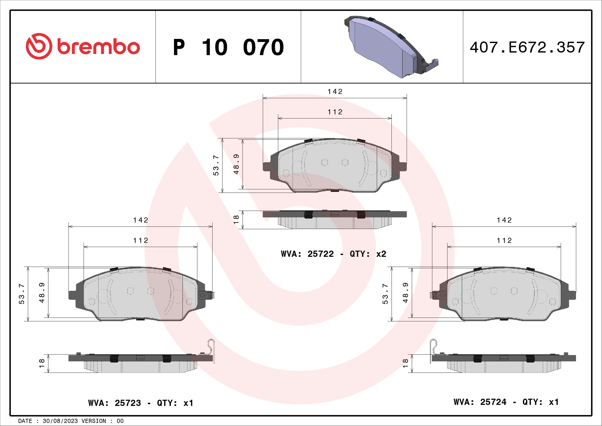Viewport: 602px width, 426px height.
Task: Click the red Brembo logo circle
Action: (39, 46)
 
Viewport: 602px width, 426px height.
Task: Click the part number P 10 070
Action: (228, 47)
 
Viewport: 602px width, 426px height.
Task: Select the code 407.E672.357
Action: (527, 47)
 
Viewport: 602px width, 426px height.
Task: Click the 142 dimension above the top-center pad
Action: (335, 91)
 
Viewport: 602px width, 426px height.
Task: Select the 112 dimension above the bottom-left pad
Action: (141, 240)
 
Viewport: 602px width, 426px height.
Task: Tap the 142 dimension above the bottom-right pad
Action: (504, 220)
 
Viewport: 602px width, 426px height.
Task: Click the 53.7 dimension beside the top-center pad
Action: (216, 165)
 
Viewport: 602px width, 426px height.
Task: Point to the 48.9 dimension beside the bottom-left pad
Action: (42, 293)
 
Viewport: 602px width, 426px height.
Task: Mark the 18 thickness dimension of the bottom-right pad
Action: (405, 363)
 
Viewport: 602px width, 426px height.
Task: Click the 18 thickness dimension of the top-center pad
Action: (236, 219)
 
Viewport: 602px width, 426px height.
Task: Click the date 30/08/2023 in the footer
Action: (60, 421)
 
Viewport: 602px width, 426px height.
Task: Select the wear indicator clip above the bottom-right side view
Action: (433, 347)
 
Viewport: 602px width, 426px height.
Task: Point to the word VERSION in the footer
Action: (94, 421)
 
